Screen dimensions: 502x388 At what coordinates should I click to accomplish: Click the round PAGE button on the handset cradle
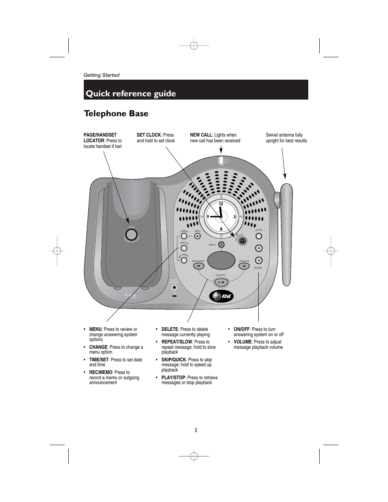point(131,235)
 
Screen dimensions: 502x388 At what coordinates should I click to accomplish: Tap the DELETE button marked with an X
point(221,244)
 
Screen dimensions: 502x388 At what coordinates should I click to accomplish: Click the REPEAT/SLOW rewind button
point(198,266)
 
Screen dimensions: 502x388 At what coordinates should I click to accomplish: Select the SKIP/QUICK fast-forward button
point(244,266)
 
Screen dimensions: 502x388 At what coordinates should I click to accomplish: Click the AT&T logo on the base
point(221,296)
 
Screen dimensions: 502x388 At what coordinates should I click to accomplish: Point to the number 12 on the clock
point(221,203)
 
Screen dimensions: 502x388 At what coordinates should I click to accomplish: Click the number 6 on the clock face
point(221,229)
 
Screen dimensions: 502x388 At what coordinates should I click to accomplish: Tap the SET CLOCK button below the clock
point(243,241)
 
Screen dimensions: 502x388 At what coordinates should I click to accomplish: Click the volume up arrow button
point(259,248)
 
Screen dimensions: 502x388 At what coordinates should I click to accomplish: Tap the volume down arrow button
point(259,261)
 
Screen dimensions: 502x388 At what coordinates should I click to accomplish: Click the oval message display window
point(221,261)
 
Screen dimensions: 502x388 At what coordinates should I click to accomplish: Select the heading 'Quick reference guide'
point(131,93)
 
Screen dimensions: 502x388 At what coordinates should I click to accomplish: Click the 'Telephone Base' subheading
point(116,113)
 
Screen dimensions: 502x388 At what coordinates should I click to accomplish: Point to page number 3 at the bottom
point(196,430)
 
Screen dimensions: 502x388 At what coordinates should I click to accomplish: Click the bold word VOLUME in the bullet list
point(242,342)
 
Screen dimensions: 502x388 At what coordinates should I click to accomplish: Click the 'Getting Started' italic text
point(101,75)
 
